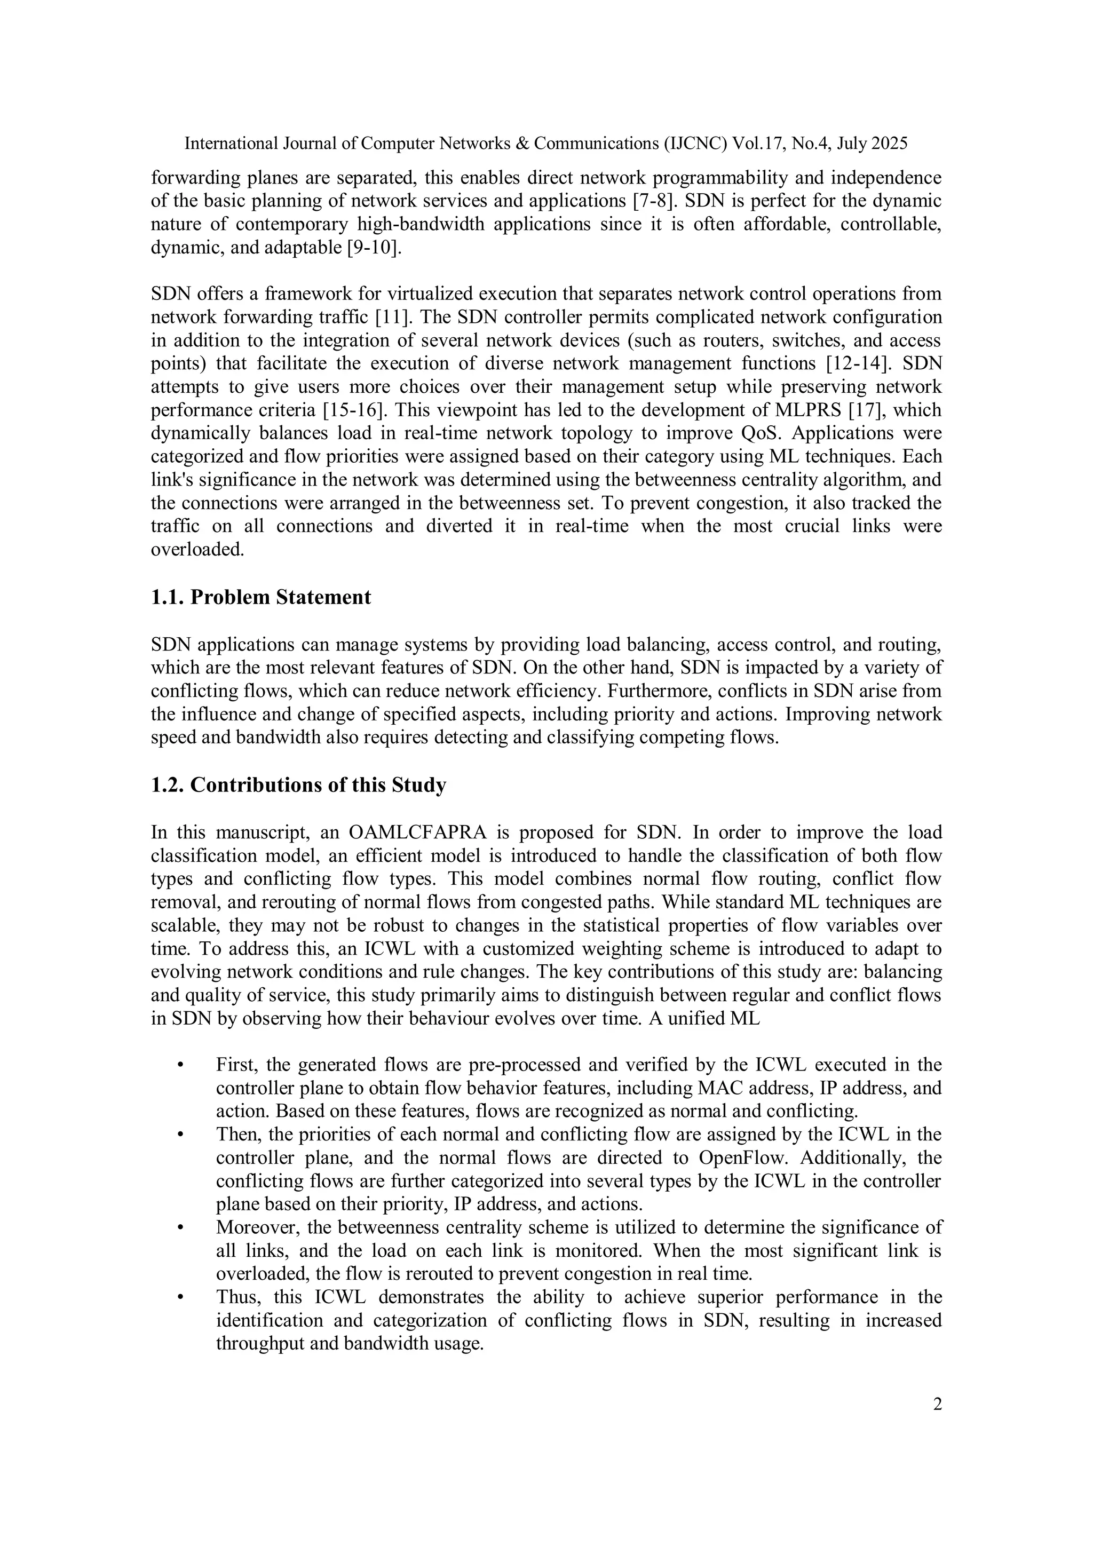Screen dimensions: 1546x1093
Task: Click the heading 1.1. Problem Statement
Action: coord(260,597)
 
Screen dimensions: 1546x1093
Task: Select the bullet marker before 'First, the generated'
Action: coord(180,1066)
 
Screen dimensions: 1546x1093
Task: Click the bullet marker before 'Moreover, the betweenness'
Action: coord(180,1228)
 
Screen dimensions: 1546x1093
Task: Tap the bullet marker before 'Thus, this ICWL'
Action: coord(180,1297)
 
